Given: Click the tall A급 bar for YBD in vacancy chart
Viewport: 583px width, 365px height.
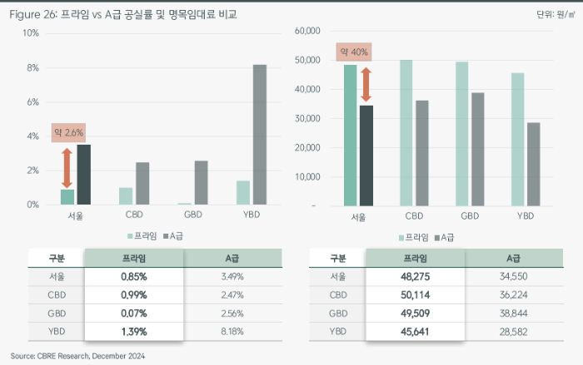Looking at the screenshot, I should [x=260, y=135].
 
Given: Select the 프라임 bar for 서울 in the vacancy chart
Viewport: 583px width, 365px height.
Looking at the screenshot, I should [x=67, y=197].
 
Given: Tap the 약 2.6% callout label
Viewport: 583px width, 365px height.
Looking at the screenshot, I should [x=68, y=131].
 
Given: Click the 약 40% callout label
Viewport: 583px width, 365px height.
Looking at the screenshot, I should [x=352, y=52].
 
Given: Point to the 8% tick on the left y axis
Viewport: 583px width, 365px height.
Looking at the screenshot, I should [x=32, y=67].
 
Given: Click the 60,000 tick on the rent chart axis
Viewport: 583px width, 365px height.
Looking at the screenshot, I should [x=307, y=32].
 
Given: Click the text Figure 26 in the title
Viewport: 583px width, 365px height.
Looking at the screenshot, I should [x=34, y=14].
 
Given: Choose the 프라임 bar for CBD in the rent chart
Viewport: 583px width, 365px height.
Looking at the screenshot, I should [x=406, y=133].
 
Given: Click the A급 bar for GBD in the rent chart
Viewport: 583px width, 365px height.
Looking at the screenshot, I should [x=477, y=150].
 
